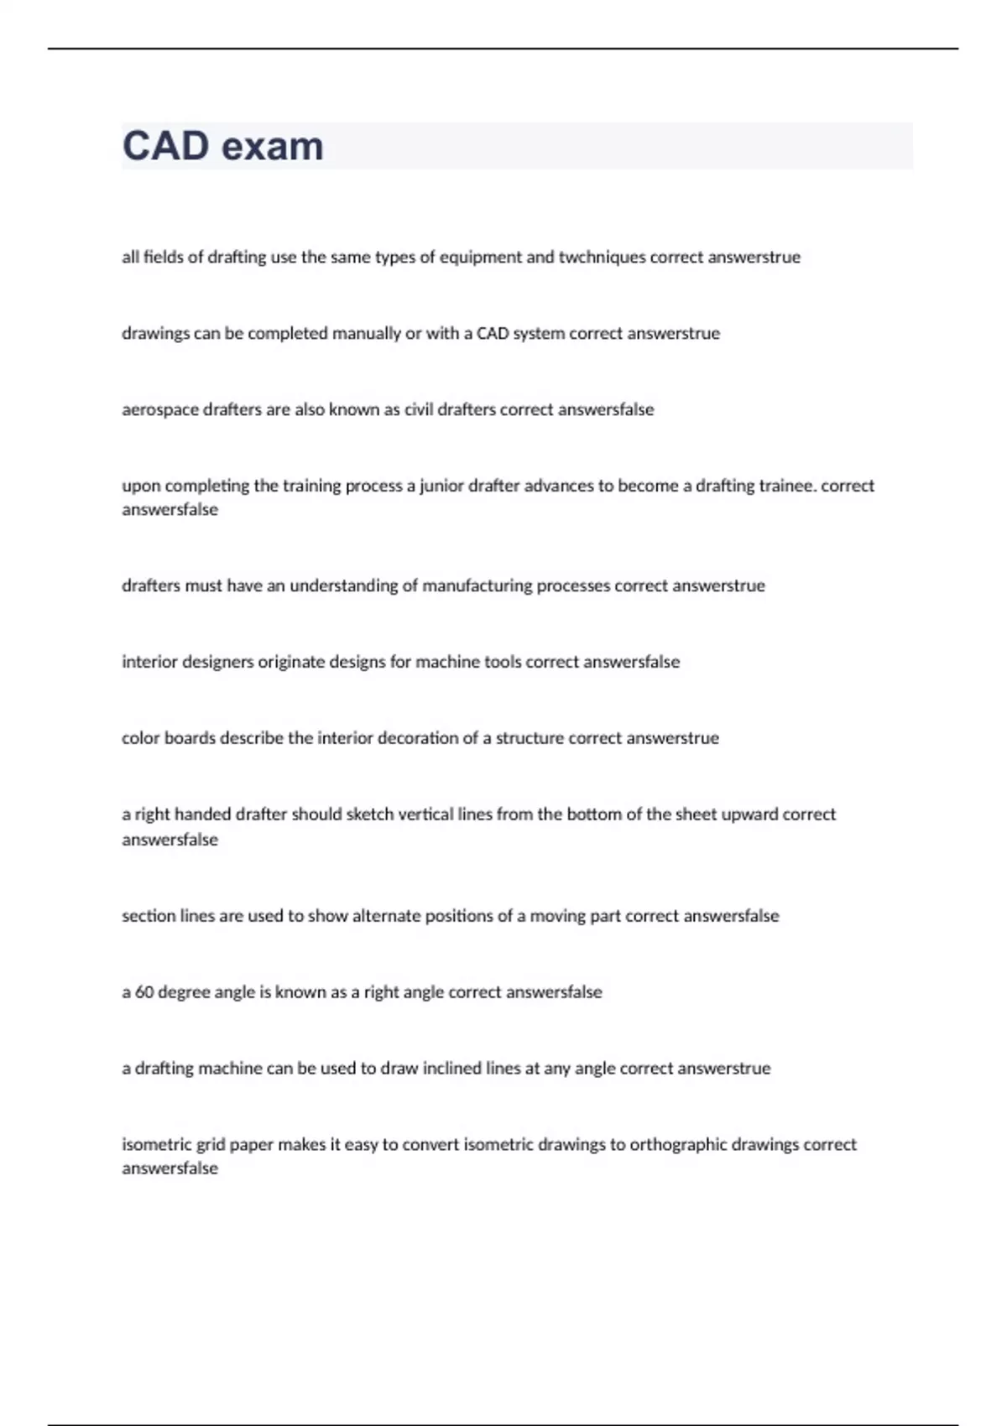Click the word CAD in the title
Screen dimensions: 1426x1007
tap(165, 146)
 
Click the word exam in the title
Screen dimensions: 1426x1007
tap(272, 146)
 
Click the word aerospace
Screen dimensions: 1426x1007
tap(160, 410)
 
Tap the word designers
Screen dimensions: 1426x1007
tap(217, 663)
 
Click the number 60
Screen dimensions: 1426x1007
tap(144, 992)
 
